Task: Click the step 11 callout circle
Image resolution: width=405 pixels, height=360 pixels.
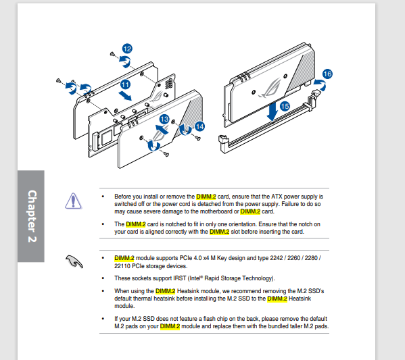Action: (125, 84)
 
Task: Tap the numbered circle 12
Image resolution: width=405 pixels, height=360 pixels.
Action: (127, 49)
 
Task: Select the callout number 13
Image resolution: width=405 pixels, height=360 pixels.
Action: (164, 120)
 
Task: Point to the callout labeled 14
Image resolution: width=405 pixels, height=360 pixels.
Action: (199, 126)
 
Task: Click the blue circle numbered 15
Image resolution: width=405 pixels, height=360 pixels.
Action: (285, 106)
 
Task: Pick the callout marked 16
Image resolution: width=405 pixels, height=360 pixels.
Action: (327, 74)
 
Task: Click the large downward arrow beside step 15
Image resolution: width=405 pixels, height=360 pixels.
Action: (272, 111)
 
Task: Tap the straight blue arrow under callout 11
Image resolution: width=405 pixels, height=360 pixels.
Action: (125, 96)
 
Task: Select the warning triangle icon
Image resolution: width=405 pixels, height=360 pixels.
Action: (73, 201)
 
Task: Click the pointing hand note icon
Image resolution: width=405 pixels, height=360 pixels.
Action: (74, 261)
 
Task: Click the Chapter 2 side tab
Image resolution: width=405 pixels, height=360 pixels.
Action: (31, 216)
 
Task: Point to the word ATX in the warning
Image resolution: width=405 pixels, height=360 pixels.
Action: (277, 197)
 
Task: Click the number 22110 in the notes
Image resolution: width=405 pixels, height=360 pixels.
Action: (122, 266)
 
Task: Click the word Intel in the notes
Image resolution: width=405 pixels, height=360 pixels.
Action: (195, 278)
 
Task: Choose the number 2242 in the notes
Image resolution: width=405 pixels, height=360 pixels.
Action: (277, 258)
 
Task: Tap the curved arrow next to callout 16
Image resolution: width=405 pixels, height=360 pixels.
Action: (320, 84)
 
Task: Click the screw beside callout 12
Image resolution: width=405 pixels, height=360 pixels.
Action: (112, 54)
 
